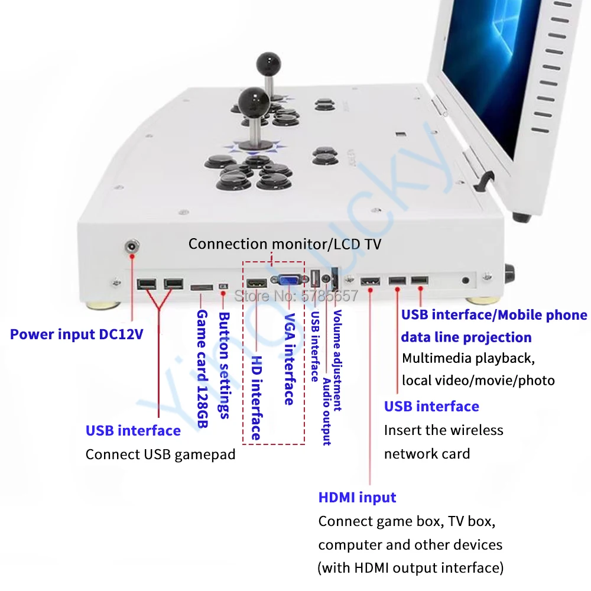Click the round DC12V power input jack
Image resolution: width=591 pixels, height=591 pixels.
pos(131,247)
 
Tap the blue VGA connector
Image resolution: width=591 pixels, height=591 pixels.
pos(288,282)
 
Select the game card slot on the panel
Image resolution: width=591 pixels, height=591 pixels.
pos(202,287)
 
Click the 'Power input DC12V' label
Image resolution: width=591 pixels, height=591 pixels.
pos(76,334)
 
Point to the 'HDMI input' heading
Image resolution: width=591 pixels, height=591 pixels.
pos(357,498)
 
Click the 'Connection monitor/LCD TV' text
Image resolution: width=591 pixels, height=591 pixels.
pos(285,243)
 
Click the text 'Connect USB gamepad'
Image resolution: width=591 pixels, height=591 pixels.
pos(160,454)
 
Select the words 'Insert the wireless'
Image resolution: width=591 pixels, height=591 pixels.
pos(443,430)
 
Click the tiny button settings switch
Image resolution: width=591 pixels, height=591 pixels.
pos(223,287)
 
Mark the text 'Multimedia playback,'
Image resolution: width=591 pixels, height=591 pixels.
pos(467,358)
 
